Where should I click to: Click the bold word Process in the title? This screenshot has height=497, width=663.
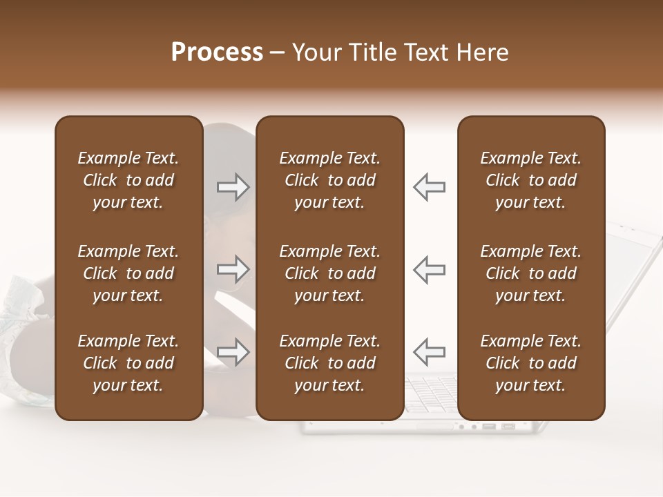click(217, 52)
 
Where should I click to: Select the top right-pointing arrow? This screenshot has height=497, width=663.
click(233, 187)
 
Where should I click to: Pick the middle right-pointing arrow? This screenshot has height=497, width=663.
click(233, 269)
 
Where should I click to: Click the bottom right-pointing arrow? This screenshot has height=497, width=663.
click(233, 352)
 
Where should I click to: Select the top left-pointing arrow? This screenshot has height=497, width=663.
click(430, 187)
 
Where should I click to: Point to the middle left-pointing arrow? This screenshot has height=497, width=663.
click(430, 269)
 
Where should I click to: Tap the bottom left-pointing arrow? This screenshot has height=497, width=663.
click(430, 352)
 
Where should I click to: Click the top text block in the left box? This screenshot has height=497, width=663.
click(128, 180)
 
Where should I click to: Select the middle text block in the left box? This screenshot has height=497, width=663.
click(128, 273)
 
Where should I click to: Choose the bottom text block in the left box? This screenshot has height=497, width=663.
click(128, 363)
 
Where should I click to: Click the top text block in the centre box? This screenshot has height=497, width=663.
click(329, 180)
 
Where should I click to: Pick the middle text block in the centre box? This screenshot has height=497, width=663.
click(329, 273)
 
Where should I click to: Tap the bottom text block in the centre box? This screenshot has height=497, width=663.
click(329, 363)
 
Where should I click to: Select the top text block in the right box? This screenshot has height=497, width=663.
click(530, 180)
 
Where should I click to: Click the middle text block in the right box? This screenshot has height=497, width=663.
click(530, 273)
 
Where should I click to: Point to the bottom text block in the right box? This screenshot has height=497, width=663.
click(530, 363)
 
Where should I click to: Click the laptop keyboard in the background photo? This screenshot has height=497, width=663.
click(432, 397)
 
